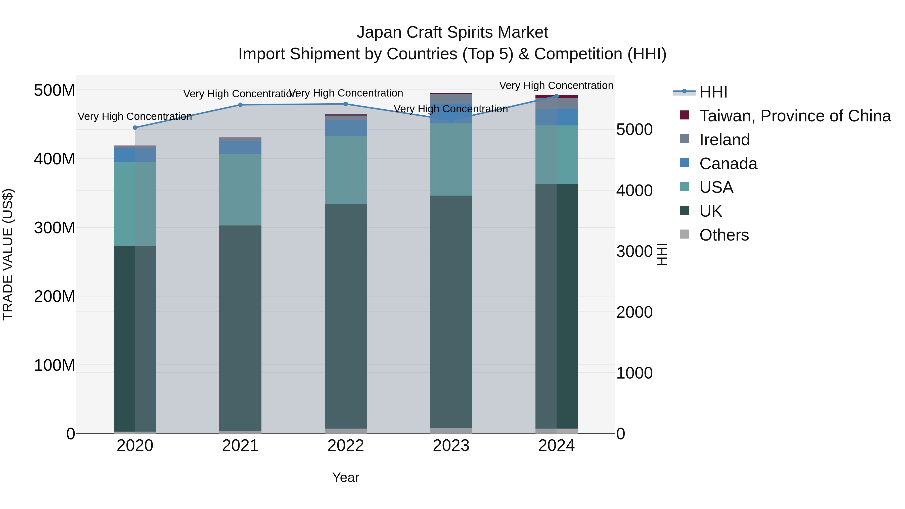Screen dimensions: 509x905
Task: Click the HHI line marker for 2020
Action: click(x=135, y=127)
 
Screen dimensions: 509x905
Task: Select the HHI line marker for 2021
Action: click(x=240, y=105)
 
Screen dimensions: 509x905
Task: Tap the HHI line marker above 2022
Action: click(x=346, y=104)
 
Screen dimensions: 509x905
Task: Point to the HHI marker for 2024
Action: click(x=557, y=96)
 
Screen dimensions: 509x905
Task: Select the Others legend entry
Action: click(x=724, y=235)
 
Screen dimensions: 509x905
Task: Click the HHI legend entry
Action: click(x=713, y=92)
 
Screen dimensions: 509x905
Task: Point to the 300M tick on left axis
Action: click(x=55, y=228)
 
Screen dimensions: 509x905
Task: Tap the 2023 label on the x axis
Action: click(x=451, y=446)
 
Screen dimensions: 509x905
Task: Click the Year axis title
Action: click(x=346, y=477)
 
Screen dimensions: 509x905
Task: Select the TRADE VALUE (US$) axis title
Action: click(x=8, y=254)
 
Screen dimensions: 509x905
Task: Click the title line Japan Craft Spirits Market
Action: click(x=452, y=32)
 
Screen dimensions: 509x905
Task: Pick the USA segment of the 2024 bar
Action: click(x=557, y=155)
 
